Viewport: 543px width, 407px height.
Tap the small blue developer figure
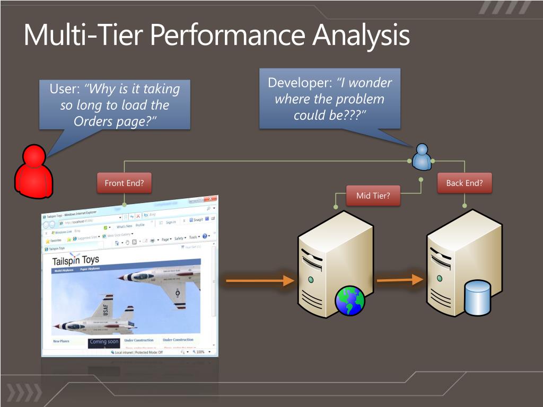click(422, 157)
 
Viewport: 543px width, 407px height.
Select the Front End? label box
click(124, 183)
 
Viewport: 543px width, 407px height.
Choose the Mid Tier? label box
click(373, 196)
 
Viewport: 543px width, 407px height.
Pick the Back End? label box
click(465, 183)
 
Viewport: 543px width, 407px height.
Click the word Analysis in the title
click(361, 36)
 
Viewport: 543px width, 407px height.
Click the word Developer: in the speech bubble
click(300, 83)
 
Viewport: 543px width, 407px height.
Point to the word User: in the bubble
click(65, 89)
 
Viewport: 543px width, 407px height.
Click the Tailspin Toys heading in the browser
click(75, 261)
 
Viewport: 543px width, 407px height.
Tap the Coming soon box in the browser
click(104, 342)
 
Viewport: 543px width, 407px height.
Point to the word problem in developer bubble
click(358, 99)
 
